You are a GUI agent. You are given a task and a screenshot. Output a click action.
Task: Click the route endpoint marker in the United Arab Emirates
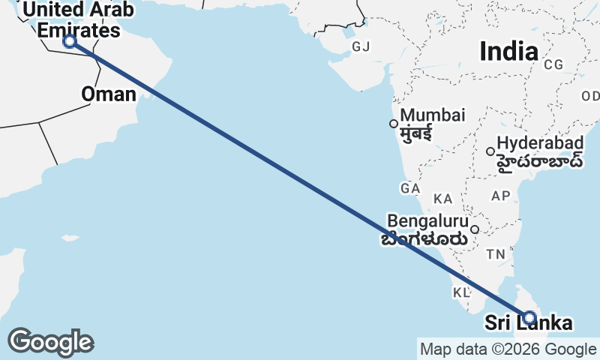click(70, 41)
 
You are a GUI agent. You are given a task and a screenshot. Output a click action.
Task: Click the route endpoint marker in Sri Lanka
click(529, 317)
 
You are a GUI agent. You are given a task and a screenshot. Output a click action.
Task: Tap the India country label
click(508, 51)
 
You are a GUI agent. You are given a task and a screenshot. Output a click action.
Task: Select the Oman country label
click(109, 94)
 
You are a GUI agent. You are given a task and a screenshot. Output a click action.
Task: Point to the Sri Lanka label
click(528, 324)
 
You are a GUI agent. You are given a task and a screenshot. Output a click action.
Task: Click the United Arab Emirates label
click(78, 20)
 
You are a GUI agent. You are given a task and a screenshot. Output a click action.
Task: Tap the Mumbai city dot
click(393, 124)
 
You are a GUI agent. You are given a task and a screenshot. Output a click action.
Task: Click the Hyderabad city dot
click(490, 151)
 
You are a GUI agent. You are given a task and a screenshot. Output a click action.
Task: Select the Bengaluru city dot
click(475, 229)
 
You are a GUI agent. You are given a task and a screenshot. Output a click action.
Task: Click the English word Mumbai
click(433, 116)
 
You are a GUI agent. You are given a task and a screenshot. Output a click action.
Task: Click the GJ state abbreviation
click(361, 47)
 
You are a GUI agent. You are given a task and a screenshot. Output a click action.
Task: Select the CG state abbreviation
click(553, 64)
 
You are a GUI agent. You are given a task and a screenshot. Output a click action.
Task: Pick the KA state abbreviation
click(443, 199)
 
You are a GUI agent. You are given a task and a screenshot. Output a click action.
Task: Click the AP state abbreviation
click(500, 196)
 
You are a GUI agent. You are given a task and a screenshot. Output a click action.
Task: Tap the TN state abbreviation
click(495, 254)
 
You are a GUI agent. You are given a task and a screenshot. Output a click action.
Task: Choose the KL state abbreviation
click(460, 291)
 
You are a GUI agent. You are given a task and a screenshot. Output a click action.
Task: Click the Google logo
click(50, 342)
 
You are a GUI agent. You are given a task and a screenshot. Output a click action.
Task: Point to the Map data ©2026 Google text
click(508, 349)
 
